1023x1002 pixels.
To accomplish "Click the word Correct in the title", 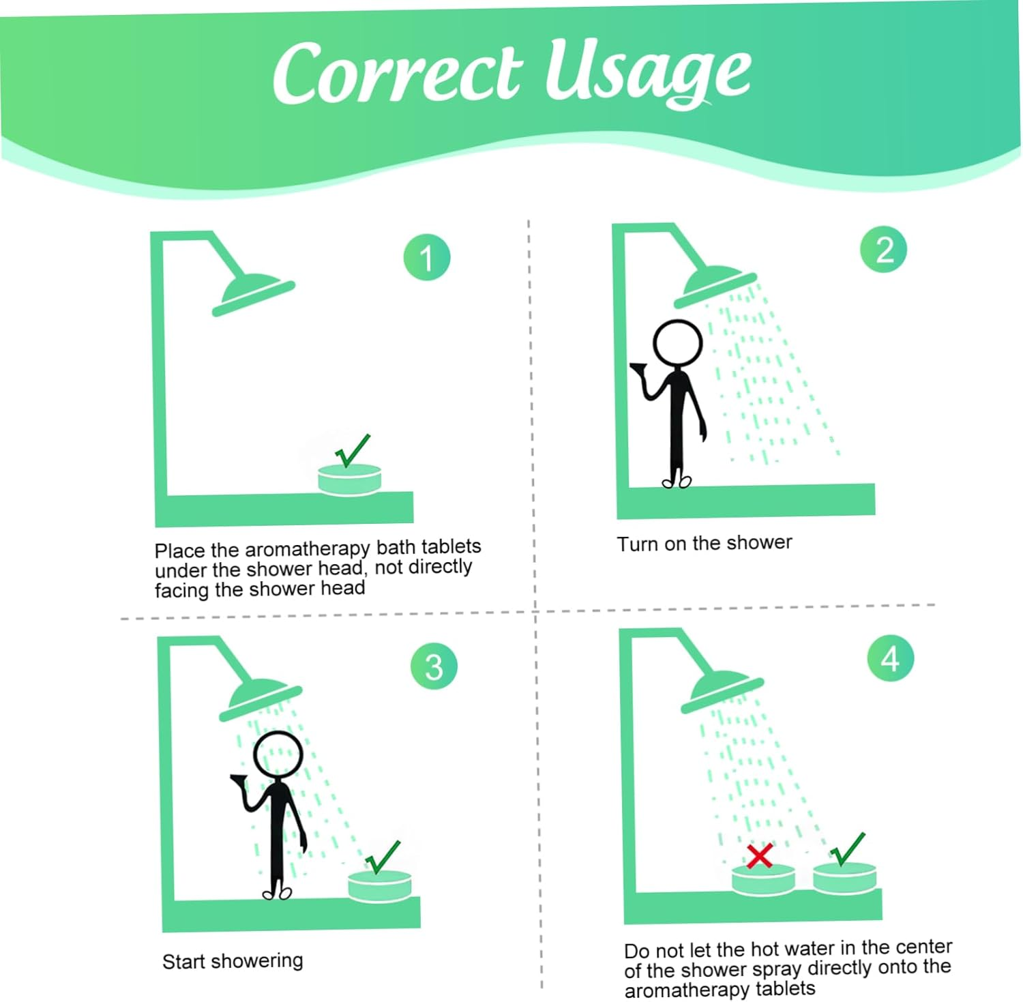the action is pyautogui.click(x=398, y=72).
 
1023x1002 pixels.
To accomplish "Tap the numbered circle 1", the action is pyautogui.click(x=427, y=257).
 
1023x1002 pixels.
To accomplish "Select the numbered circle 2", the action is pyautogui.click(x=884, y=250).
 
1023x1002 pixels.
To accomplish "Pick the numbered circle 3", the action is pyautogui.click(x=434, y=666).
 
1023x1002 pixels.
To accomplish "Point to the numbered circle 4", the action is pyautogui.click(x=891, y=658).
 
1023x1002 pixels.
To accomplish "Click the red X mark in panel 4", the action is pyautogui.click(x=759, y=855).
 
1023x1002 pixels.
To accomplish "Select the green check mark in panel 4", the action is pyautogui.click(x=847, y=849).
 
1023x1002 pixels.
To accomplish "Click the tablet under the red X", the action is pyautogui.click(x=763, y=879).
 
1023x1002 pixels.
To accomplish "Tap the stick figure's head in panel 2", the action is pyautogui.click(x=677, y=343).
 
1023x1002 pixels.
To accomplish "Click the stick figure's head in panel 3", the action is pyautogui.click(x=278, y=754).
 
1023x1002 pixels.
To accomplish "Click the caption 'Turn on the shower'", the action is pyautogui.click(x=705, y=544).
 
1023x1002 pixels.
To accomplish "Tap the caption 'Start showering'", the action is pyautogui.click(x=233, y=961).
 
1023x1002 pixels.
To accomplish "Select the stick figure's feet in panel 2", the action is pyautogui.click(x=677, y=481).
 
